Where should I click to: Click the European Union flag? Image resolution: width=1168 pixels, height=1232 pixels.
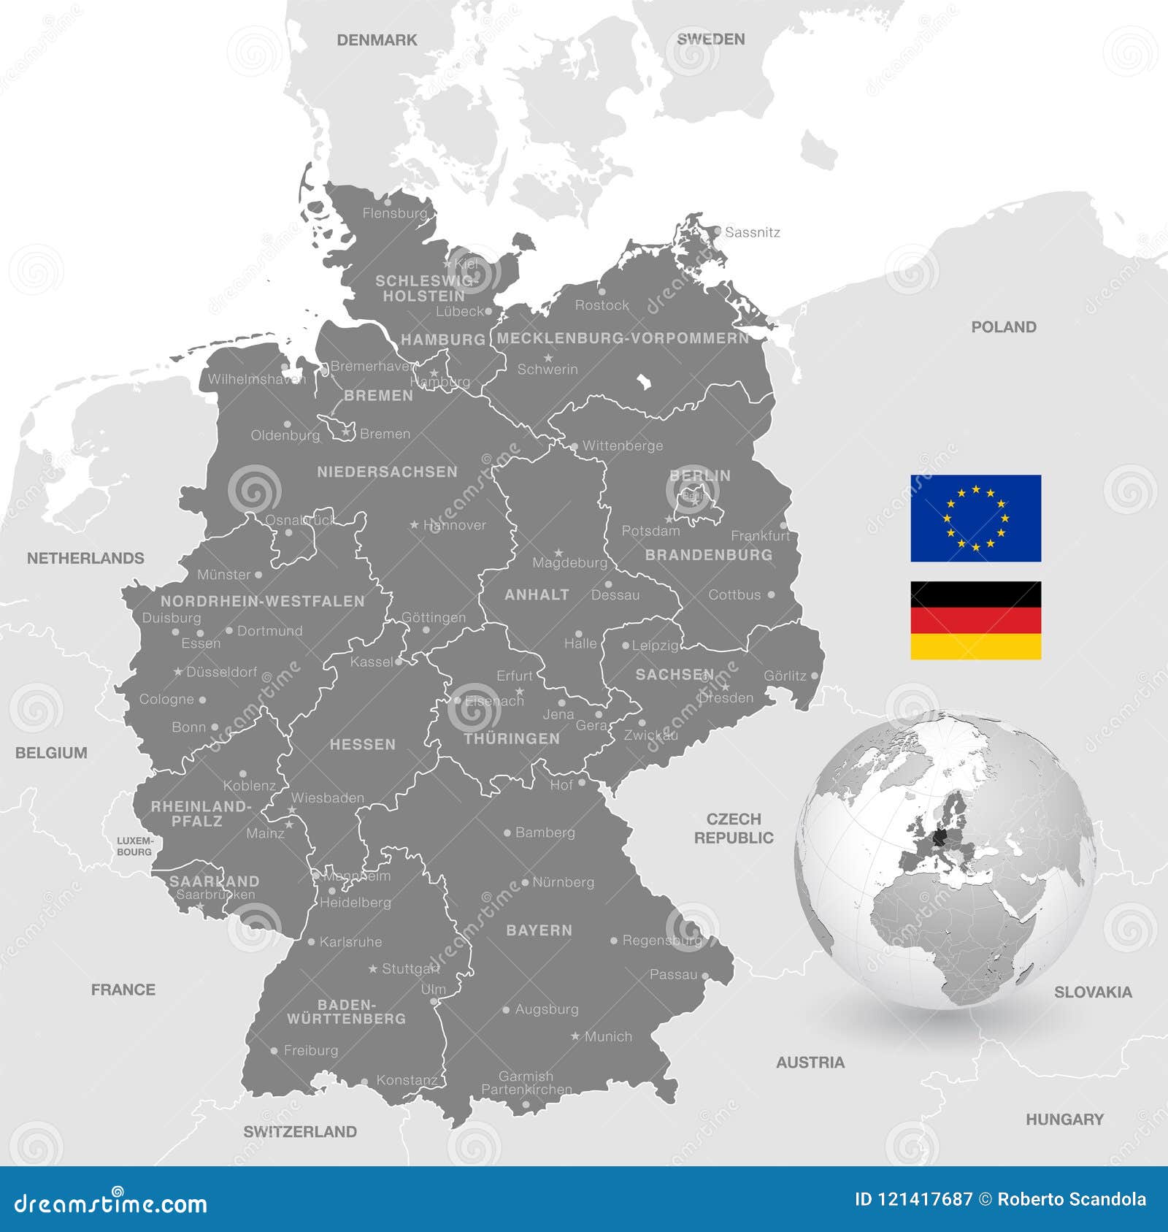(975, 518)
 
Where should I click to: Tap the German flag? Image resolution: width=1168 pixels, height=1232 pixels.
(975, 620)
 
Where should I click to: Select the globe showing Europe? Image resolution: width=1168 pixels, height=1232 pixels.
(946, 860)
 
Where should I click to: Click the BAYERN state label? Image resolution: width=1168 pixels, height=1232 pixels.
(539, 930)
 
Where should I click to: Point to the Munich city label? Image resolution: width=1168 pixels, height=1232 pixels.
(608, 1036)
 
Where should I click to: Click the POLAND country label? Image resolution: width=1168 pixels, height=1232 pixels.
(1003, 327)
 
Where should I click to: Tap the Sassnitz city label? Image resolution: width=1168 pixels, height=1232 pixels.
(753, 232)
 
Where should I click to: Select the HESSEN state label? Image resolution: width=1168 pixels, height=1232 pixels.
(362, 745)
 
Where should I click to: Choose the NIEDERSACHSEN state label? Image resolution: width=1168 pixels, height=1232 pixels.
(387, 472)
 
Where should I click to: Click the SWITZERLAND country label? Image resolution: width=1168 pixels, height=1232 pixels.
(300, 1132)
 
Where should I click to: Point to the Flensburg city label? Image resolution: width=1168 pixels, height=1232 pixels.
(395, 213)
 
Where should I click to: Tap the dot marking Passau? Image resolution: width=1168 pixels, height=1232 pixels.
(704, 975)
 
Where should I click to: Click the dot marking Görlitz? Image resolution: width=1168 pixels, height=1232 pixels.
(815, 676)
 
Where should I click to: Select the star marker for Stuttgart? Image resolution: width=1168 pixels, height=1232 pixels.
(373, 969)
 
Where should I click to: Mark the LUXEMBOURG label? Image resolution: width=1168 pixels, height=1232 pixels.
(134, 846)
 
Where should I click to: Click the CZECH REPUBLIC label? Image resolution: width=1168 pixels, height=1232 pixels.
(734, 828)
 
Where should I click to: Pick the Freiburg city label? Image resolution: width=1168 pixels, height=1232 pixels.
(311, 1050)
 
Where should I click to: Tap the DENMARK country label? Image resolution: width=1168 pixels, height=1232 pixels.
(377, 40)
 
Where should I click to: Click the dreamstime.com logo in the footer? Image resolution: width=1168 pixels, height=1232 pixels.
(110, 1203)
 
